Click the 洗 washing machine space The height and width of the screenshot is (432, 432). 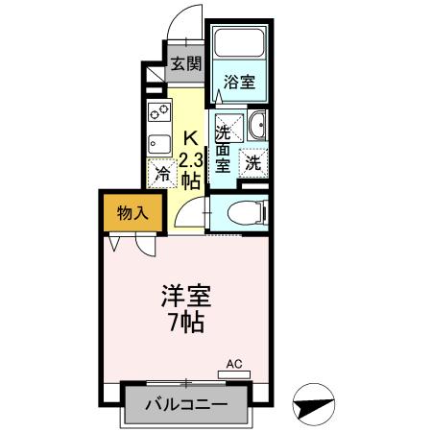point(252,163)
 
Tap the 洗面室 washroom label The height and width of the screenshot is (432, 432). point(223,148)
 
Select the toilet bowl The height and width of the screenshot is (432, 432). point(246,211)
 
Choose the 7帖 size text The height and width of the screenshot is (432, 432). point(185,323)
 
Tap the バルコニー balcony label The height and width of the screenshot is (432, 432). point(186,404)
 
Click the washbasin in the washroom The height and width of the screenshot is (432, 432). point(255,125)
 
